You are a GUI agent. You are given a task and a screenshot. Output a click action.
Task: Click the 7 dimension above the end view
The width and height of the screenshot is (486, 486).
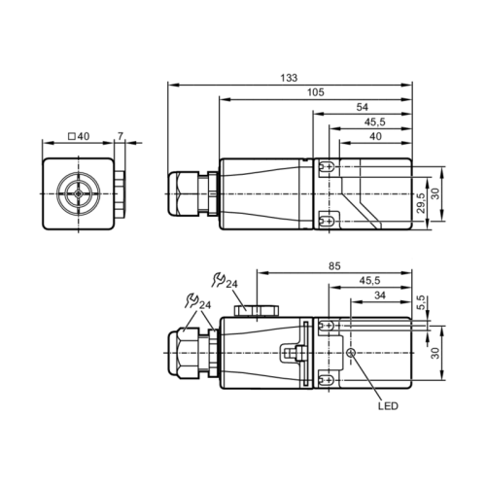pos(121,136)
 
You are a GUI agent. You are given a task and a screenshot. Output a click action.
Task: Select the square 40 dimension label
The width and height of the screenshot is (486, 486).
pos(78,136)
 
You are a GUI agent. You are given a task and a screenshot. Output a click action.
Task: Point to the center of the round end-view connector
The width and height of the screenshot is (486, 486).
pos(76,194)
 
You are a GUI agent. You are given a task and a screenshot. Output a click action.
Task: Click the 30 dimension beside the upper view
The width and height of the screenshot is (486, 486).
pos(436,193)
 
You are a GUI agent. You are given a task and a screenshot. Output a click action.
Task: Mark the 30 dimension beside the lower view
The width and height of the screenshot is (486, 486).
pos(436,354)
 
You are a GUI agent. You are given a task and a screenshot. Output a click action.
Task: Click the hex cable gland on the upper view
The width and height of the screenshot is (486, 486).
pos(185,193)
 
